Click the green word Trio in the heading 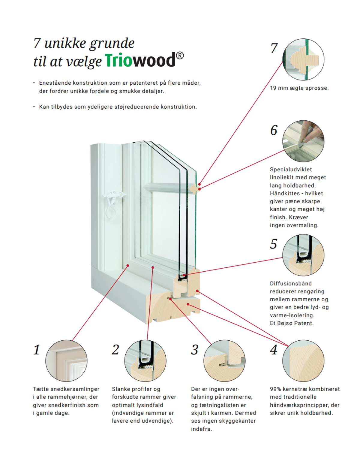point(118,60)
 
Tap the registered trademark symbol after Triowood point(180,56)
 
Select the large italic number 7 point(274,48)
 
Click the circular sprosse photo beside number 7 point(303,59)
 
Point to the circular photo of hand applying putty point(303,141)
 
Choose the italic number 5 point(274,244)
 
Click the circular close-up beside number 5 point(303,255)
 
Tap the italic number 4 point(274,350)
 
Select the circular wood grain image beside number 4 point(303,361)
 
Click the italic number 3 point(195,350)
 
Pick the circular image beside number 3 point(224,361)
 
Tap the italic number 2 point(115,350)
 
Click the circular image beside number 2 point(145,361)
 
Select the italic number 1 point(37,350)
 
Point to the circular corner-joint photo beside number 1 point(66,361)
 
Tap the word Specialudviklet point(291,170)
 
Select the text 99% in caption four point(275,389)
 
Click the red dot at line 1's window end point(128,266)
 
